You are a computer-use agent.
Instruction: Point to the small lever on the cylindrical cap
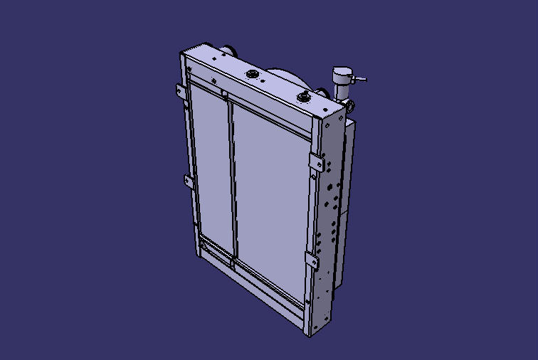coord(360,79)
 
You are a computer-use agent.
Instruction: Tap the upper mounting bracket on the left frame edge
coord(181,92)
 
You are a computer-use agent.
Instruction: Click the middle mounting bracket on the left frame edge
coord(186,181)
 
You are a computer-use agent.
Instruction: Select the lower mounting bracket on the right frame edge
coord(312,260)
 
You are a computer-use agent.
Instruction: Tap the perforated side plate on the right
coord(329,213)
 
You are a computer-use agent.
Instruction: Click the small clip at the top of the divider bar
coord(223,92)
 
